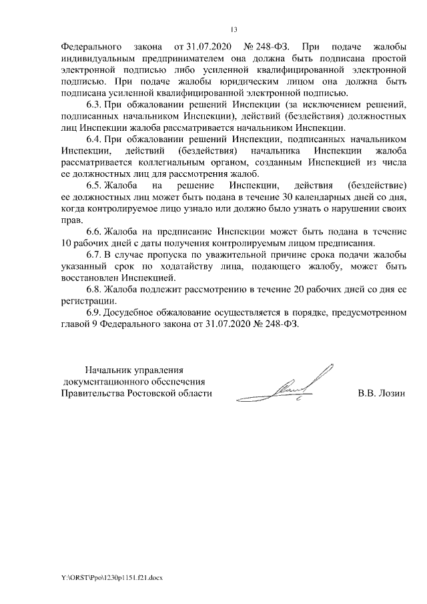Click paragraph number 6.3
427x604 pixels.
[94, 105]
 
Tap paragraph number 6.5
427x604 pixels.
[94, 184]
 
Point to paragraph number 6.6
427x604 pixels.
[94, 230]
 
